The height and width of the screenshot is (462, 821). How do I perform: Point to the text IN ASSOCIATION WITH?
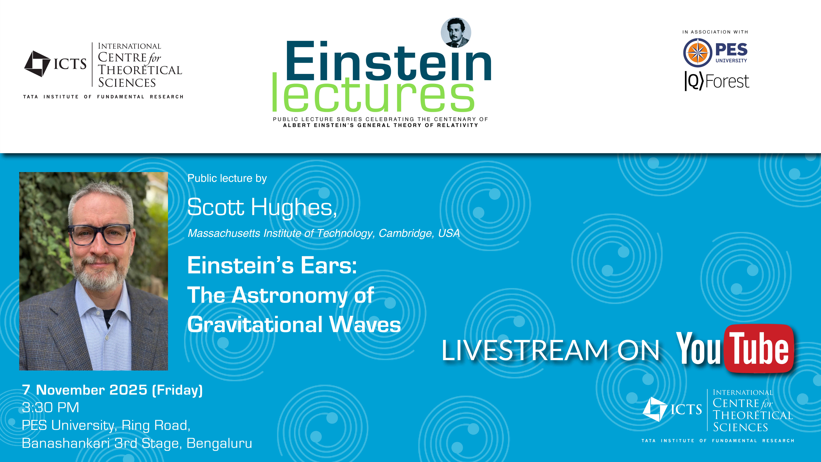715,32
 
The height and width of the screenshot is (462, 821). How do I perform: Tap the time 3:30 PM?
50,407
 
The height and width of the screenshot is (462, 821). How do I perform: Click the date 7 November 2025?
84,390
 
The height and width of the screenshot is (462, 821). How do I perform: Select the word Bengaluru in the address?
219,443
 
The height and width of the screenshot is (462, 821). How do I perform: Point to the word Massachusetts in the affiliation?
224,233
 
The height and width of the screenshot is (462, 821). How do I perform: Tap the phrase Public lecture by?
227,178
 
